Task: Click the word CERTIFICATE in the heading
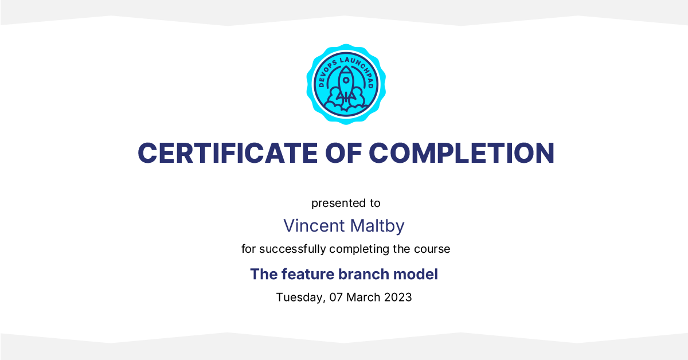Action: tap(228, 153)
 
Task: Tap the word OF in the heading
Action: tap(343, 153)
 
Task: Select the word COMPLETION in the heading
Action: tap(462, 153)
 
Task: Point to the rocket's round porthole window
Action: tap(346, 80)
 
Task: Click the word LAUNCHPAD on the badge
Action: tap(360, 70)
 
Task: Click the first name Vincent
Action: tap(314, 226)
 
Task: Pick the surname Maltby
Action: tap(377, 226)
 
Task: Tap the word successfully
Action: tap(292, 249)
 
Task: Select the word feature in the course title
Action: tap(308, 275)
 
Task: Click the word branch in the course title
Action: tap(363, 275)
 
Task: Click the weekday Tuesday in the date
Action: tap(300, 298)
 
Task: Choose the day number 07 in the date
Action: tap(336, 298)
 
